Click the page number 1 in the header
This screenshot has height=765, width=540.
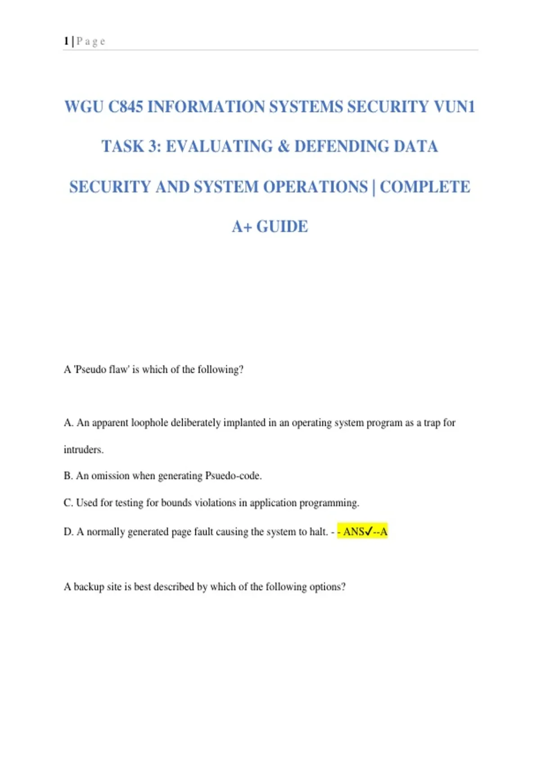[66, 41]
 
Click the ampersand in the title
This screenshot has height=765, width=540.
[283, 147]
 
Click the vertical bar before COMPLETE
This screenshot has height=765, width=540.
[373, 187]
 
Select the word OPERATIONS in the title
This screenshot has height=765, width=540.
[315, 187]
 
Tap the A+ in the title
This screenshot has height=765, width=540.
[242, 227]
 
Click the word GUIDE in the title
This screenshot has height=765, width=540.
[282, 227]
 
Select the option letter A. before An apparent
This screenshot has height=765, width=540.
[68, 423]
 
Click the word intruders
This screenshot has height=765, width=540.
[84, 450]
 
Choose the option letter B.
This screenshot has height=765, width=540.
[68, 476]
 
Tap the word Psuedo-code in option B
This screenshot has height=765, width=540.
[233, 476]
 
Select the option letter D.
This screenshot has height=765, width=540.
[68, 532]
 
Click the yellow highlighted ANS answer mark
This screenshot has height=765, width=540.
[363, 532]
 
